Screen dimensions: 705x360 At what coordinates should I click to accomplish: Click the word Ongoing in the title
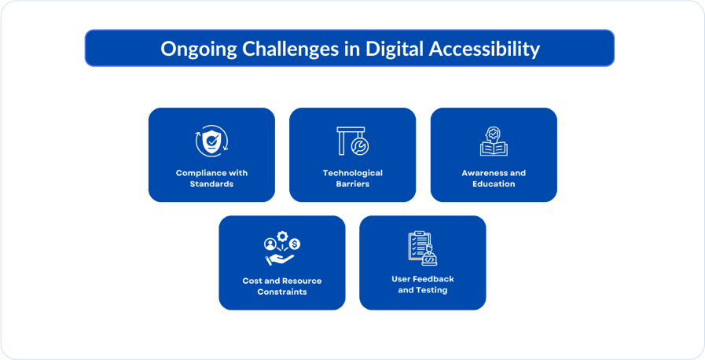(199, 50)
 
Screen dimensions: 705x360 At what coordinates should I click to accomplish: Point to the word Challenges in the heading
(291, 49)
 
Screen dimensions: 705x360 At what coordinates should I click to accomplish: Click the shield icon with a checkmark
(211, 141)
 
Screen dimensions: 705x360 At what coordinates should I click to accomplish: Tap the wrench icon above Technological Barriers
(360, 146)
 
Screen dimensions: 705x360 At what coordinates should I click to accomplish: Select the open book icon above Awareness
(494, 149)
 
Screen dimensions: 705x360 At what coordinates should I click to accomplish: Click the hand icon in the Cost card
(280, 259)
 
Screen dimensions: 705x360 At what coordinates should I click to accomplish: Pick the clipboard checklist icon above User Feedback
(420, 246)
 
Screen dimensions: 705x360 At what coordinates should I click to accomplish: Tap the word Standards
(211, 184)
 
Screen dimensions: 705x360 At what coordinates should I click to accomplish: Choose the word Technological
(352, 173)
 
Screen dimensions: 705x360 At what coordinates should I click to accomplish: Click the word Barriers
(352, 184)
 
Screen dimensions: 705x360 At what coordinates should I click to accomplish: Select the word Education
(494, 184)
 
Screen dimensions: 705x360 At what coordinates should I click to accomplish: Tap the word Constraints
(282, 292)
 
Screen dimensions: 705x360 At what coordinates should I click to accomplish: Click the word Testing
(431, 290)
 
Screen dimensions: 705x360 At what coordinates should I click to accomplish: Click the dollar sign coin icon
(295, 244)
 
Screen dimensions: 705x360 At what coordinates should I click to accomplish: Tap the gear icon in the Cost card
(282, 237)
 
